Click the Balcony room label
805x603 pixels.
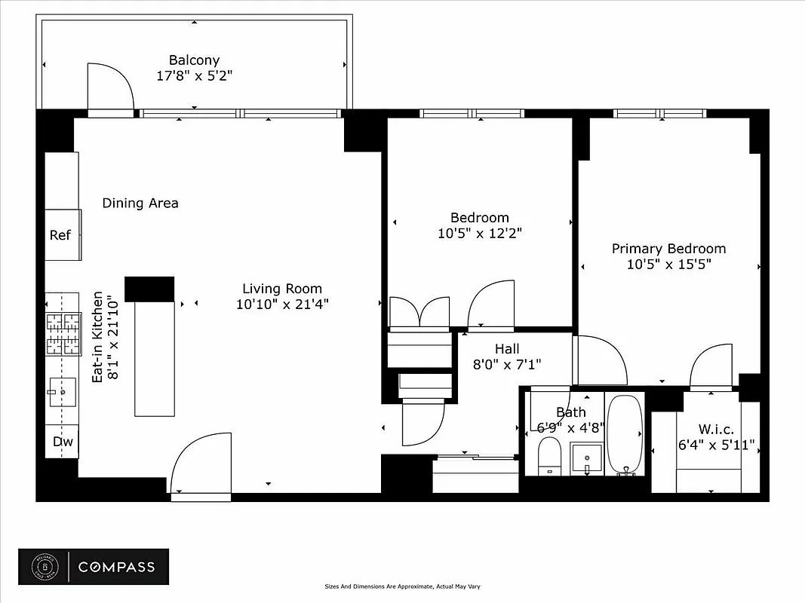pos(194,60)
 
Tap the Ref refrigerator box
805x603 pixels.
pos(61,234)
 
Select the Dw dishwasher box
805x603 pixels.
pos(62,442)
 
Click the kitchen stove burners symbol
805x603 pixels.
pos(63,334)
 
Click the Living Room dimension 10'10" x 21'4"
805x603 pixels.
pos(281,305)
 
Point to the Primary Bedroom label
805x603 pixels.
pos(668,249)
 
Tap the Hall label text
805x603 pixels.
pos(507,349)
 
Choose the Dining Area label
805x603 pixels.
pos(140,203)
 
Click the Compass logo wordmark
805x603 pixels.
pos(116,568)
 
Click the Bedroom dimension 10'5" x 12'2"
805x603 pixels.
pos(479,234)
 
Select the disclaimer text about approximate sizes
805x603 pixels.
pos(402,586)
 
